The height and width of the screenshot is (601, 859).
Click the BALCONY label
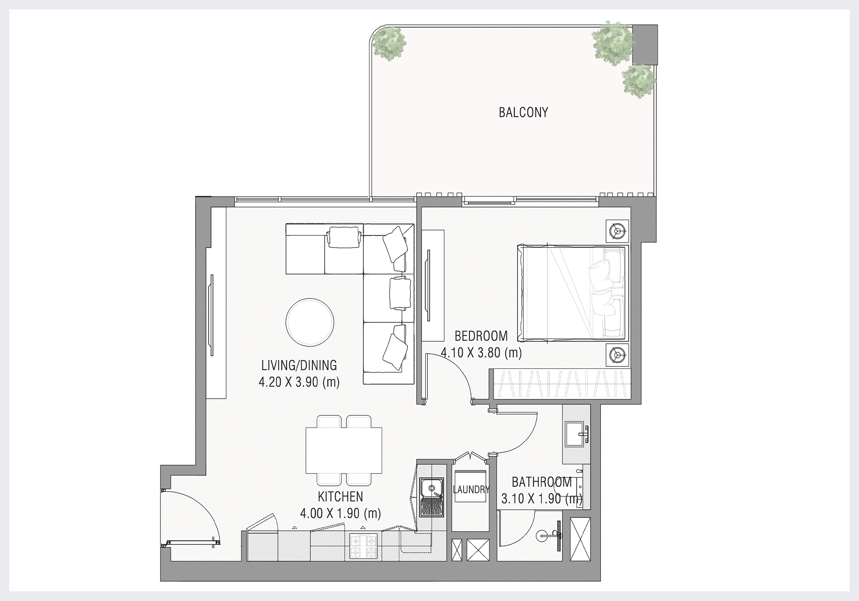coord(523,112)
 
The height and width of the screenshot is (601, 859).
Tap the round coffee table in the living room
coord(310,322)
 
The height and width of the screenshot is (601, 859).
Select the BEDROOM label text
coord(481,336)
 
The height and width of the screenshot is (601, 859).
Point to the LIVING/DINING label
coord(299,365)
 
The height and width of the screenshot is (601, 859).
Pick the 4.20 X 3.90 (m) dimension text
coord(299,382)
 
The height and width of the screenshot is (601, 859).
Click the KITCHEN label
coord(340,497)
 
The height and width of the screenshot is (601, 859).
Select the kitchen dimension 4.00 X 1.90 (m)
coord(340,513)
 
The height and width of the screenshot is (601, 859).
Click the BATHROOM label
coord(542,482)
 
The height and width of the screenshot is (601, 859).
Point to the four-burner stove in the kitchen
coord(363,546)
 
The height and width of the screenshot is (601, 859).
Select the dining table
coord(344,450)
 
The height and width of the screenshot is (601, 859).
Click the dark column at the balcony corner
coord(645,45)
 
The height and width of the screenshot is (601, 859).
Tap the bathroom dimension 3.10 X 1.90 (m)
coord(542,499)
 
